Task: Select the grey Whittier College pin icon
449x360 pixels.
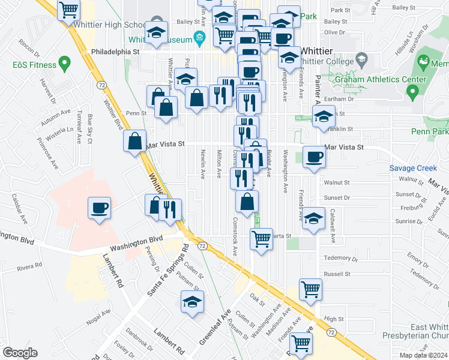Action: pyautogui.click(x=361, y=59)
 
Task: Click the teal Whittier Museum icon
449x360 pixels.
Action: pyautogui.click(x=199, y=40)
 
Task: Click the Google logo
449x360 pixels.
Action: pyautogui.click(x=20, y=353)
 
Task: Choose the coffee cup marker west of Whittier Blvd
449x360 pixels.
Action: pyautogui.click(x=100, y=208)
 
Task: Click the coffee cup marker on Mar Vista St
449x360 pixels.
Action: pyautogui.click(x=314, y=157)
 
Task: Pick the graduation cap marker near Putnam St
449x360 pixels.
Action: pyautogui.click(x=192, y=302)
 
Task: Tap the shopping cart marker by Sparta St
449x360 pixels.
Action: pyautogui.click(x=261, y=238)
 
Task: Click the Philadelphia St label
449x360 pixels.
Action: pyautogui.click(x=115, y=53)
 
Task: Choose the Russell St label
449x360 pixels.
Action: pyautogui.click(x=336, y=274)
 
